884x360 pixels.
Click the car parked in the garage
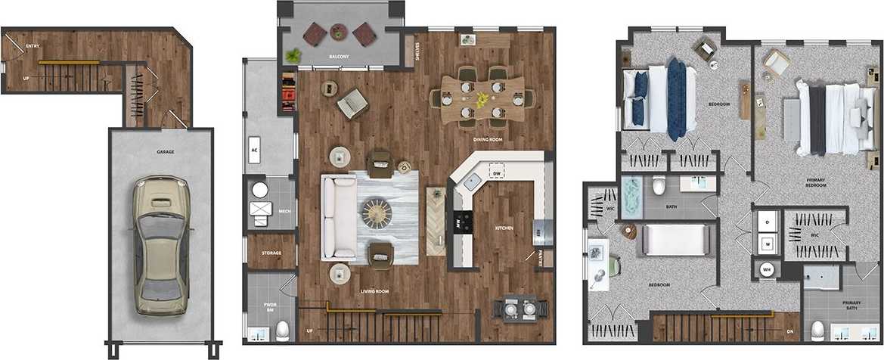(160, 246)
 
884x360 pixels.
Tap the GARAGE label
(166, 152)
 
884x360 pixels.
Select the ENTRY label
(33, 46)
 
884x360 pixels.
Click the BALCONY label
(339, 57)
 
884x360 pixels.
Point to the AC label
(255, 150)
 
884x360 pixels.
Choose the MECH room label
(285, 212)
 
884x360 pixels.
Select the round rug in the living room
(376, 213)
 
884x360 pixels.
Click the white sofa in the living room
(339, 217)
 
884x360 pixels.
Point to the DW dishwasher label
(497, 174)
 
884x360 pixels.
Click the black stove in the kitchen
(462, 222)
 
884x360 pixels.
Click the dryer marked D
(768, 222)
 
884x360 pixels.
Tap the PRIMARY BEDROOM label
(815, 182)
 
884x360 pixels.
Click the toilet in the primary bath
(817, 331)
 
